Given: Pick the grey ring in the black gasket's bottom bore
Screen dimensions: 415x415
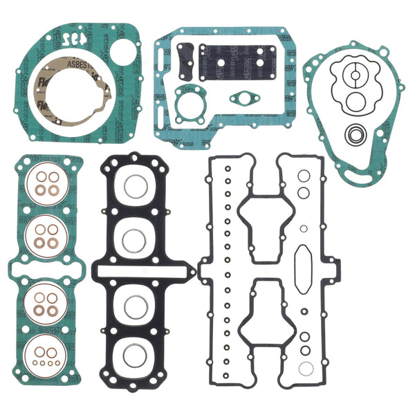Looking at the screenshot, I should click(135, 354).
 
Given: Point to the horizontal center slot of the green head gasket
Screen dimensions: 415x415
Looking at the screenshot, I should click(45, 268).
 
